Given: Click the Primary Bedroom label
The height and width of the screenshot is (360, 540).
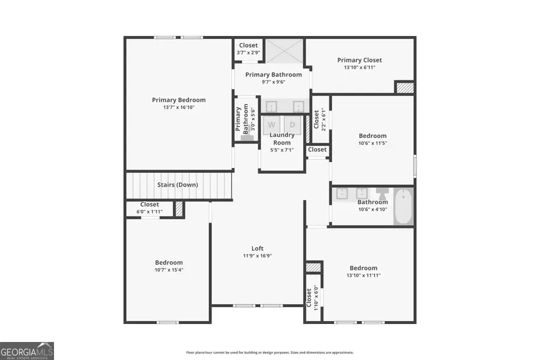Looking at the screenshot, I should click(x=178, y=100).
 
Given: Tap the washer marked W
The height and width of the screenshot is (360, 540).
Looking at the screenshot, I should click(x=272, y=125).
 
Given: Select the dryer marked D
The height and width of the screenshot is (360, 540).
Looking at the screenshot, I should click(x=292, y=125).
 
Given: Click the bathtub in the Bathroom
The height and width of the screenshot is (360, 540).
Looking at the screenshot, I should click(x=403, y=206).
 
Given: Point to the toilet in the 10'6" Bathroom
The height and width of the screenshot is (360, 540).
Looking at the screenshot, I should click(x=382, y=194).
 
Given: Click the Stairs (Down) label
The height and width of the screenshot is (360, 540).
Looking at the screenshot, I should click(x=178, y=185).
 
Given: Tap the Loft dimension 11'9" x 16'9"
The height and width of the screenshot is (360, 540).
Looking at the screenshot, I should click(x=257, y=256).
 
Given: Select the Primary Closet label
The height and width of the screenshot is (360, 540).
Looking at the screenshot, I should click(x=359, y=60).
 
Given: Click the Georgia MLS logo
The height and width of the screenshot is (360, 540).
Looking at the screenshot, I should click(x=27, y=350).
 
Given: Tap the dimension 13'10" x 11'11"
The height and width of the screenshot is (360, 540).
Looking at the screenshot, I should click(x=364, y=275).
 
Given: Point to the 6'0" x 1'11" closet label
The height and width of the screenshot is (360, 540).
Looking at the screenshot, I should click(x=149, y=211).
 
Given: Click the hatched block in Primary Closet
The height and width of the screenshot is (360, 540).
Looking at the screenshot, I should click(x=404, y=88).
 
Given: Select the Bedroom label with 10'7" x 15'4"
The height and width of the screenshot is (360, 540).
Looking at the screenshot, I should click(x=169, y=262).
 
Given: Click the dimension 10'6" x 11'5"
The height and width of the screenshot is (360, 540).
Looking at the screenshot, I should click(x=373, y=143).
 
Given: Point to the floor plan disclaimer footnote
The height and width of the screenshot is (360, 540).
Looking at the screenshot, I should click(x=269, y=353).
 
